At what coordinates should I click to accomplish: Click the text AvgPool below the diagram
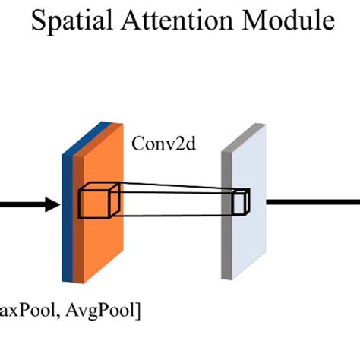point(106,309)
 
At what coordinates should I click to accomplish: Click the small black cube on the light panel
point(241,203)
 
